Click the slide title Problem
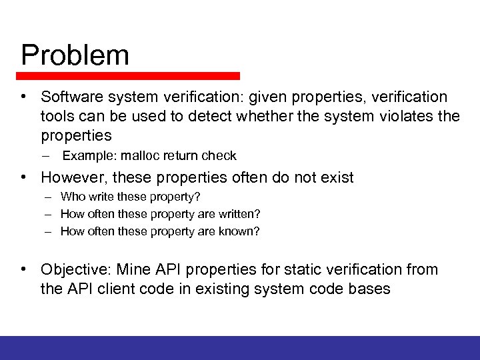75,55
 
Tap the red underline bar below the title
130,76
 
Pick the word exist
337,177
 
